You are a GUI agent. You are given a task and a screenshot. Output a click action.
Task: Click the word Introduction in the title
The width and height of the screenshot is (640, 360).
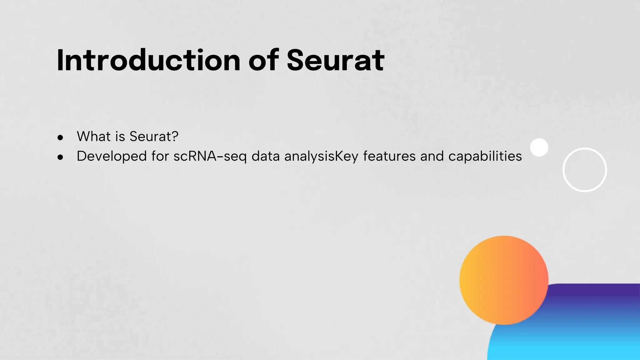point(149,60)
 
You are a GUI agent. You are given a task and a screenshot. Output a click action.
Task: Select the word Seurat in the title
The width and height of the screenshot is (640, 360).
point(335,60)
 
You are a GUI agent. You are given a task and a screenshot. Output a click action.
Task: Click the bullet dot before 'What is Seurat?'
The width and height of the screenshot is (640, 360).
point(61,137)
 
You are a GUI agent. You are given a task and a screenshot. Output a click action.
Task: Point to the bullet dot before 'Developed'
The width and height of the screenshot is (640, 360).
point(61,157)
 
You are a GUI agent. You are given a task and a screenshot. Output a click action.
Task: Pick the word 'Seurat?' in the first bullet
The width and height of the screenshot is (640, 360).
point(154,137)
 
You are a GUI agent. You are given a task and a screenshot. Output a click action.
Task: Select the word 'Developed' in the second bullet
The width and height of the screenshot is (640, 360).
point(112,156)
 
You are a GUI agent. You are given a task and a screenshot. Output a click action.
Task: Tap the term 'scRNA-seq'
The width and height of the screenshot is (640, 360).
point(210,156)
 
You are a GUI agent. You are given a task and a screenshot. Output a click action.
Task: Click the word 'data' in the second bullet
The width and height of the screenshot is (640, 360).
point(265,156)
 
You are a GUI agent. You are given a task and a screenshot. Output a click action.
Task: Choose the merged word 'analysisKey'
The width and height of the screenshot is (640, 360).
point(321,156)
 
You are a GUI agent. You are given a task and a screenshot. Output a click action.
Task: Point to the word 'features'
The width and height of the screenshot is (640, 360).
point(389,156)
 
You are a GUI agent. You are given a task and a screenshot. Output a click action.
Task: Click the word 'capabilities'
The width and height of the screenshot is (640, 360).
point(485,156)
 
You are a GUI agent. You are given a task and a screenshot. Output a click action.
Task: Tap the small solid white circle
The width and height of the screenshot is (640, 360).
point(539,147)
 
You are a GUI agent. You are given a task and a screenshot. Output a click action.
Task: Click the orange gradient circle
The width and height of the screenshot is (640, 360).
point(504,280)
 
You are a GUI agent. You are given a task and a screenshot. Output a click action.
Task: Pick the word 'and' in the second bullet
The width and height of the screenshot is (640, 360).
point(432,156)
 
